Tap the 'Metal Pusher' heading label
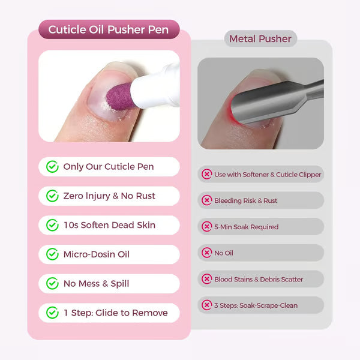pyautogui.click(x=260, y=39)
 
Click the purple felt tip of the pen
pyautogui.click(x=121, y=98)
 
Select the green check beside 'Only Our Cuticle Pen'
pyautogui.click(x=53, y=167)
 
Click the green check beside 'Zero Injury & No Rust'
pyautogui.click(x=53, y=196)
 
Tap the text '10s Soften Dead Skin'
pyautogui.click(x=109, y=225)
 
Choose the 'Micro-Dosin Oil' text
pyautogui.click(x=96, y=254)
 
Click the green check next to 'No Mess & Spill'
pyautogui.click(x=53, y=283)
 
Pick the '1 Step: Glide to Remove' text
pyautogui.click(x=115, y=313)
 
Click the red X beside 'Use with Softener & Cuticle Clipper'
pyautogui.click(x=207, y=175)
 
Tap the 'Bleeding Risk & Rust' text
pyautogui.click(x=245, y=200)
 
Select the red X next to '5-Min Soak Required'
pyautogui.click(x=207, y=227)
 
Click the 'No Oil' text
pyautogui.click(x=223, y=253)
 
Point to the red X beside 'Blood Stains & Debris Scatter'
pyautogui.click(x=207, y=279)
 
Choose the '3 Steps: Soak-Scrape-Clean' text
pyautogui.click(x=256, y=305)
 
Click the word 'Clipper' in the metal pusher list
pyautogui.click(x=308, y=175)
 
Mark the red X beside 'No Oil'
pyautogui.click(x=207, y=253)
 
